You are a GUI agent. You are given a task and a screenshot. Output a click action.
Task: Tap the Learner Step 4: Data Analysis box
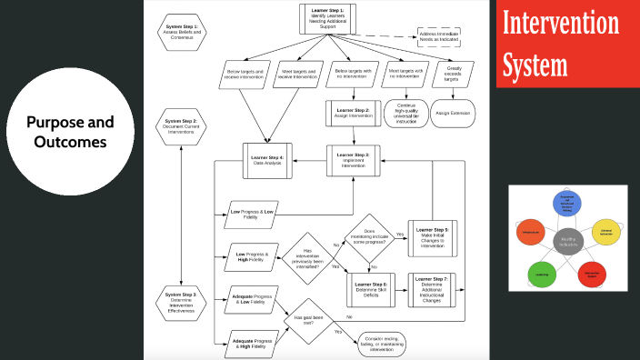click(x=267, y=160)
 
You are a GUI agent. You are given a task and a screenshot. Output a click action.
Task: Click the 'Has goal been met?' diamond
click(x=310, y=321)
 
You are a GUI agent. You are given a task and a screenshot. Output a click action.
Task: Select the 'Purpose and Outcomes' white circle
click(x=69, y=132)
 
